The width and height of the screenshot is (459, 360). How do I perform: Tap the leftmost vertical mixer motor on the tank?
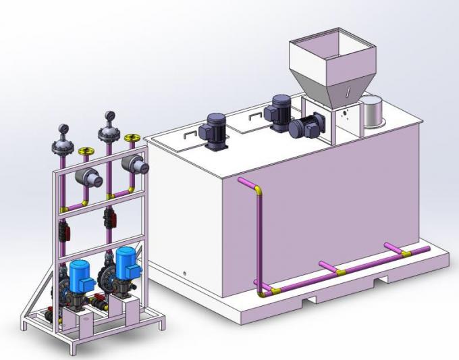[x=217, y=127]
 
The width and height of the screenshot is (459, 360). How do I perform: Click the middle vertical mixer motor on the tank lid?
[x=279, y=110]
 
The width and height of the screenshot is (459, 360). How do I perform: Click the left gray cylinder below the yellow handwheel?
[x=89, y=178]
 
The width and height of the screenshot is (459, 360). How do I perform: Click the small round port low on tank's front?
[x=186, y=273]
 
